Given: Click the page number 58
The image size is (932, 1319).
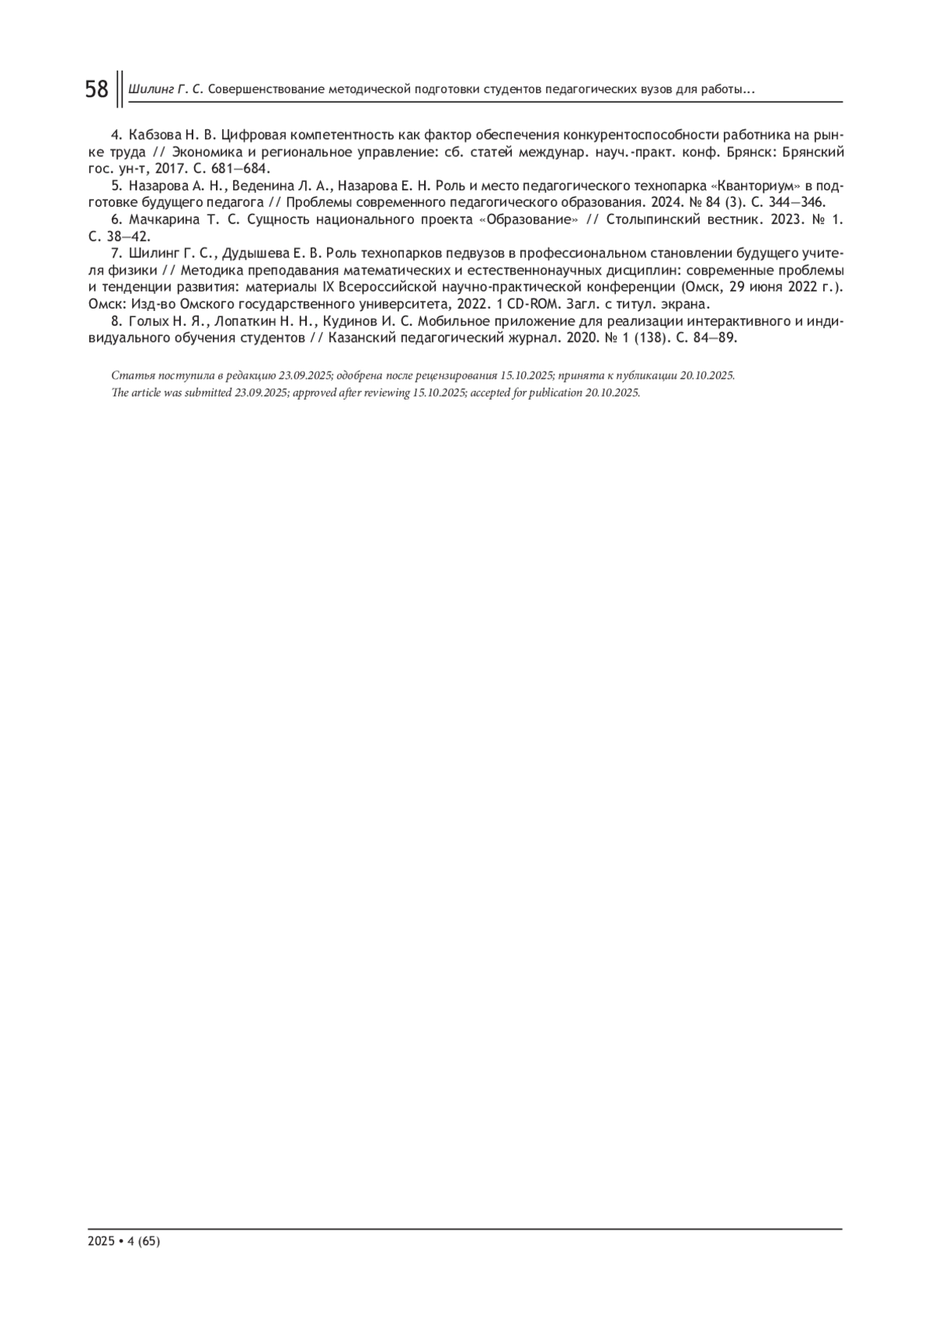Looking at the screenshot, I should [97, 90].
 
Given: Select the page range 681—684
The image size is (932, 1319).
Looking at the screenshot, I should [243, 169].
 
